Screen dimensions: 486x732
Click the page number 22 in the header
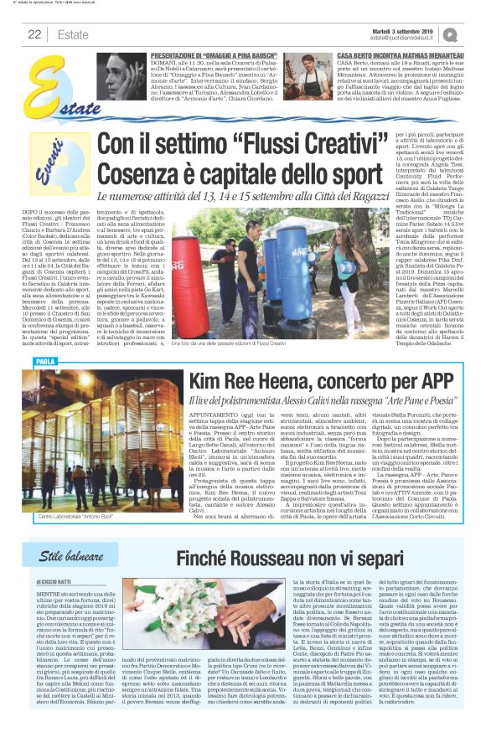(34, 34)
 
